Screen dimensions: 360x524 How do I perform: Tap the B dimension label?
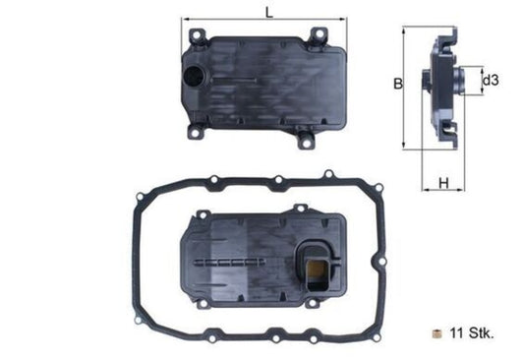click(x=398, y=85)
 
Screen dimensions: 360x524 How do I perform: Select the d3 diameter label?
click(x=497, y=79)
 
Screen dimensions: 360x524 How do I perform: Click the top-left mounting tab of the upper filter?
click(x=193, y=35)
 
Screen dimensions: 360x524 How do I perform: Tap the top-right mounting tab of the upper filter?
click(x=318, y=37)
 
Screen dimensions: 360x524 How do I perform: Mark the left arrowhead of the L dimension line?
click(x=185, y=19)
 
